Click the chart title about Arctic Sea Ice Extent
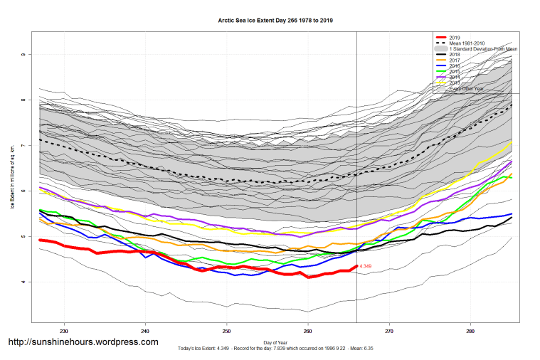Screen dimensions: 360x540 coord(275,21)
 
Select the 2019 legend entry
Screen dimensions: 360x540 coord(456,37)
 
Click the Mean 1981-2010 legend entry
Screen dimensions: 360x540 coord(470,43)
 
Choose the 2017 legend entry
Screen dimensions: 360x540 coord(456,60)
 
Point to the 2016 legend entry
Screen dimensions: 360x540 coord(456,66)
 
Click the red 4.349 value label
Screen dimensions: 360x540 coord(366,266)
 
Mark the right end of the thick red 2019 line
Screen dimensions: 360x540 coord(356,266)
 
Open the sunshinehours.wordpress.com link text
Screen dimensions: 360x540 coord(83,342)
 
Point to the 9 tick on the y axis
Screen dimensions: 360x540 coord(23,55)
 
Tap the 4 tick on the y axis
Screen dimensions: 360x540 coord(23,282)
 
